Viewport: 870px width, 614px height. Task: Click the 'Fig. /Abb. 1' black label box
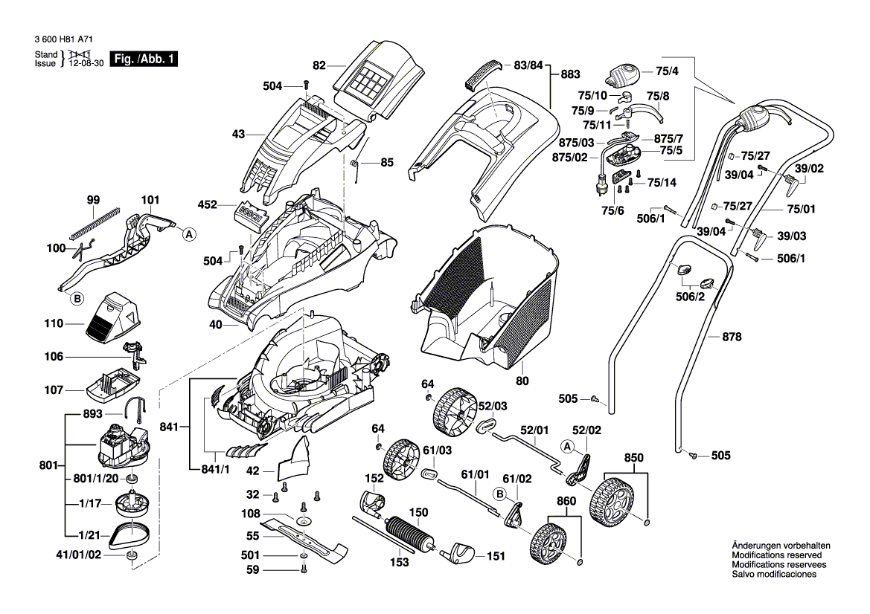point(144,59)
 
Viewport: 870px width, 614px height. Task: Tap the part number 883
point(569,74)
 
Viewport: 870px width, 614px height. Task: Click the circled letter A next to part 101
point(189,234)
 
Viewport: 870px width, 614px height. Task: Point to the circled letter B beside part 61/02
point(499,493)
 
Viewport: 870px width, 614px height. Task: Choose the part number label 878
point(732,337)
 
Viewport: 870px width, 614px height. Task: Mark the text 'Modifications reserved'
point(776,555)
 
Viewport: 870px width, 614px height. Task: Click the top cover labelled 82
point(369,78)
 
